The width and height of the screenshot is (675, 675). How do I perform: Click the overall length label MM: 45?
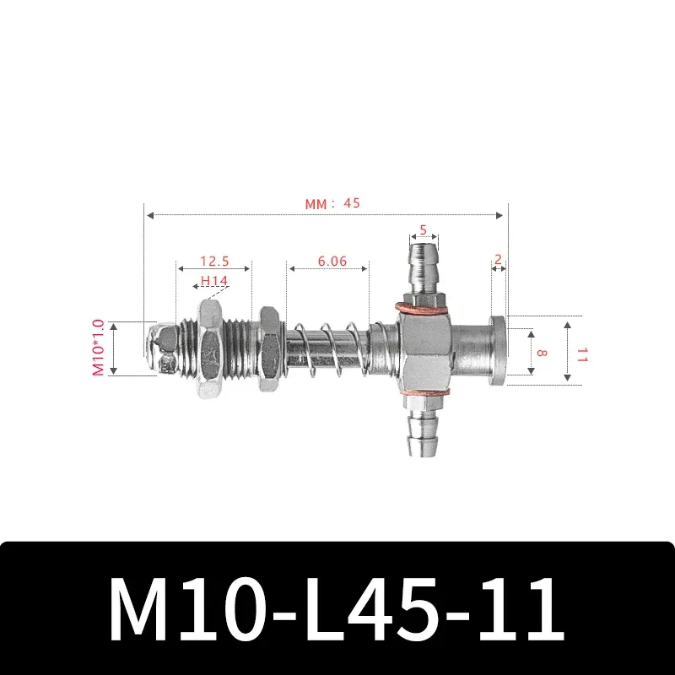(x=332, y=202)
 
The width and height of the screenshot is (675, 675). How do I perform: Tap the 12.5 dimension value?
(x=213, y=262)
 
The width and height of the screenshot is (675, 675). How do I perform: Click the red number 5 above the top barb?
(x=424, y=229)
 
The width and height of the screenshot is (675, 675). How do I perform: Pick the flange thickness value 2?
(x=498, y=261)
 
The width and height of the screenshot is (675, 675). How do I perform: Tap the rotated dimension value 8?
(x=540, y=352)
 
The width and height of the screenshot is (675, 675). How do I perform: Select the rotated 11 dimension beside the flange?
(x=581, y=352)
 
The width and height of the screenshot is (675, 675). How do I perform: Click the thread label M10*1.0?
(x=99, y=348)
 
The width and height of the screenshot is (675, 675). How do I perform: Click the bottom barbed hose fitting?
(x=423, y=430)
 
